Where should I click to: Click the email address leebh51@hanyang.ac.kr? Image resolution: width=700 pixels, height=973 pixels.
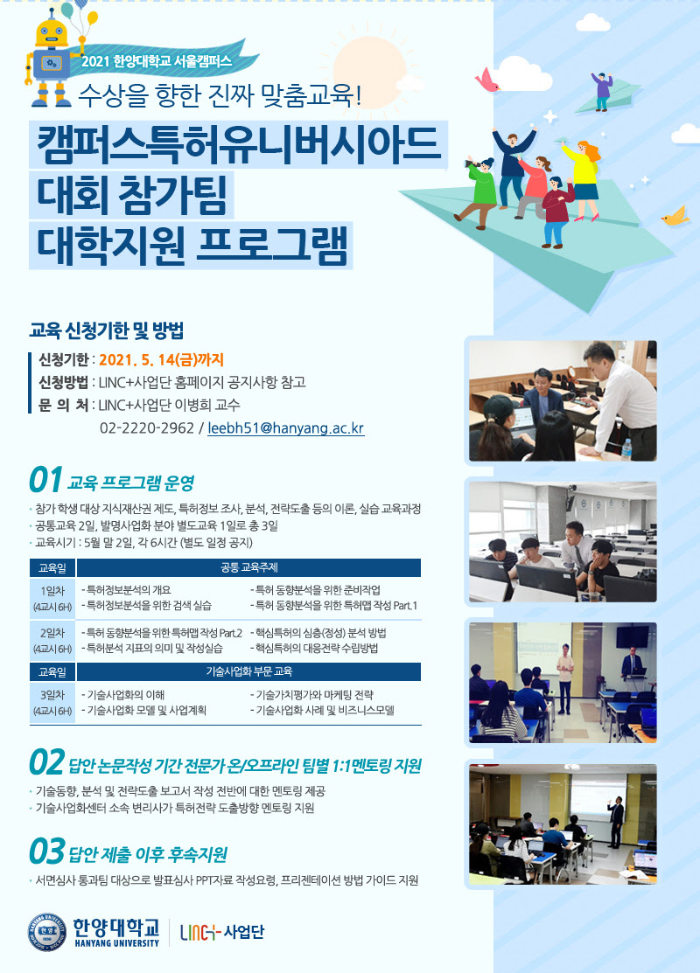click(286, 428)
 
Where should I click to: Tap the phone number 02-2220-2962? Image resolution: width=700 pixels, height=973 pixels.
click(147, 428)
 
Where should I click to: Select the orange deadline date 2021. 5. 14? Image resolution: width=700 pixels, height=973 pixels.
click(136, 360)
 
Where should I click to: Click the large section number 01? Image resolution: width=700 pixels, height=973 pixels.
click(45, 480)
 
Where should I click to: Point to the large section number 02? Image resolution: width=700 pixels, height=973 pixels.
click(46, 762)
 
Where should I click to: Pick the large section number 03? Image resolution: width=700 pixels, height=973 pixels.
click(46, 851)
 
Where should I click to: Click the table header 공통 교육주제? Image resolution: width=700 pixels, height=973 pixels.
click(249, 567)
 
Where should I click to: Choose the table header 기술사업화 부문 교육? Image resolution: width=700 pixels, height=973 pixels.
click(249, 671)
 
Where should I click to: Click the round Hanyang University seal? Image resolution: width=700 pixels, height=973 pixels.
click(46, 932)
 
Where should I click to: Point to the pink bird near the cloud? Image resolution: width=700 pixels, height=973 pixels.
click(487, 81)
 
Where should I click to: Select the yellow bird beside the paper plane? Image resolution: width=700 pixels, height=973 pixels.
click(675, 215)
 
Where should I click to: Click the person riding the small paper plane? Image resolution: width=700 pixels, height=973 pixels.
click(602, 91)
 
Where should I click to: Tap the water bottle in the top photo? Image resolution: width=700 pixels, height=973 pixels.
click(626, 448)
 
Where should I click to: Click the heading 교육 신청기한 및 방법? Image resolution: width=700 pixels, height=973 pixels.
click(106, 330)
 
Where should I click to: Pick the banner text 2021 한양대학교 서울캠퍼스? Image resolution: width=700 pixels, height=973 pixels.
click(157, 61)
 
